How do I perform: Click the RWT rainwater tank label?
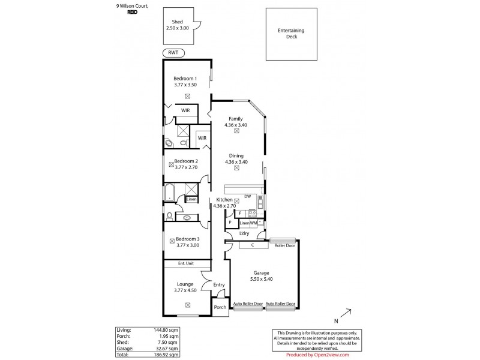(173, 53)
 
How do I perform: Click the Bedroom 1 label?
(185, 79)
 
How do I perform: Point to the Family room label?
(235, 119)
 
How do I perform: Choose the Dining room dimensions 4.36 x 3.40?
(236, 161)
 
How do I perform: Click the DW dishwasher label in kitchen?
(247, 196)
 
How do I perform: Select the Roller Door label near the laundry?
(284, 245)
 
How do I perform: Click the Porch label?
(220, 307)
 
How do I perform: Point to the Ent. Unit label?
(185, 263)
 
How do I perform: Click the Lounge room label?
(185, 284)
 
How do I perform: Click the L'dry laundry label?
(244, 233)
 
